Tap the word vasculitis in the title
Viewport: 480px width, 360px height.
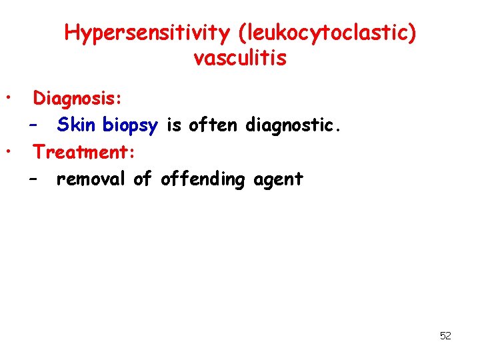[x=240, y=59]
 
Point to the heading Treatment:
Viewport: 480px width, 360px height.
[x=85, y=152]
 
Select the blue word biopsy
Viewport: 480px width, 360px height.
[x=130, y=125]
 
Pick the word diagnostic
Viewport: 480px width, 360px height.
[x=291, y=125]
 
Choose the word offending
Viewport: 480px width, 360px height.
[x=203, y=179]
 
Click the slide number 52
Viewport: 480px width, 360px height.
[x=445, y=336]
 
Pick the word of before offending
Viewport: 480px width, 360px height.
[x=143, y=179]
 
